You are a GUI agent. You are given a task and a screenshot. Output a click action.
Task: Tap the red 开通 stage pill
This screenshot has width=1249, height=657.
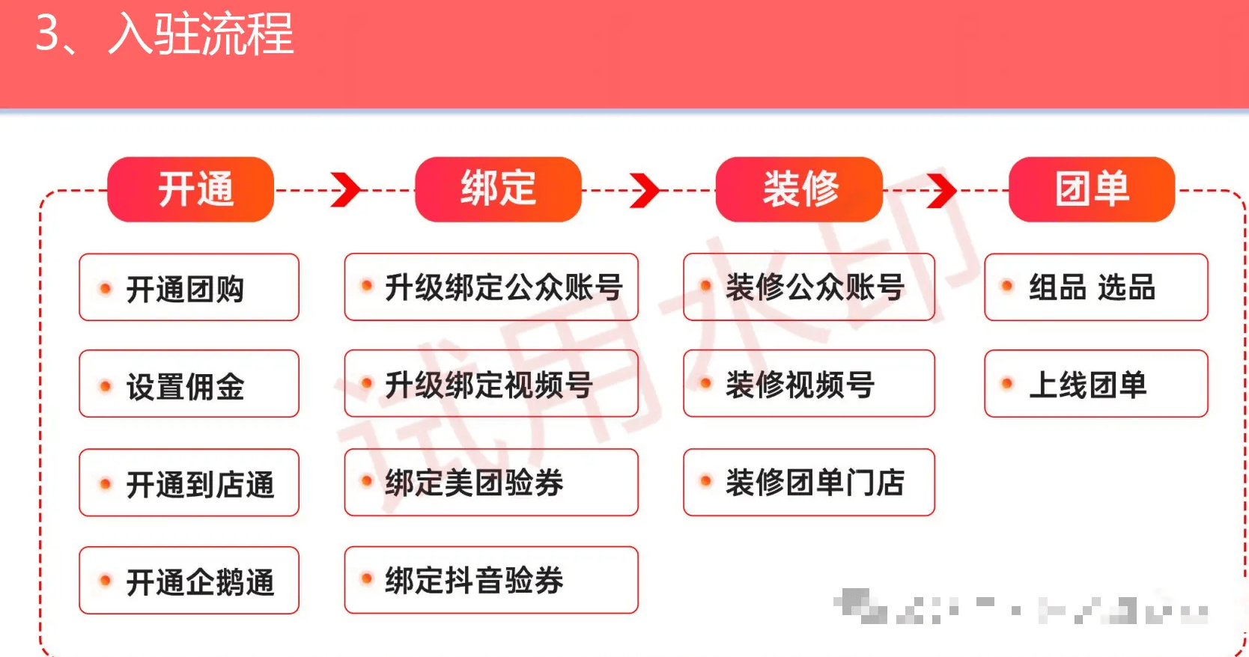(191, 189)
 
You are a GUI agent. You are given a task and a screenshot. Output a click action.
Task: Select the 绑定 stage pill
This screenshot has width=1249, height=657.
(498, 189)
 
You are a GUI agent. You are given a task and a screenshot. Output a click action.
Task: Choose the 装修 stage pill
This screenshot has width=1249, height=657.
(799, 189)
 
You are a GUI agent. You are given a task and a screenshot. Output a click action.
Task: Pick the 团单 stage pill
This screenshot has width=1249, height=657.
(1091, 189)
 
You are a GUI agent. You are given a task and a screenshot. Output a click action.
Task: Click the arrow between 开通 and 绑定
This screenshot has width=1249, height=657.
(345, 190)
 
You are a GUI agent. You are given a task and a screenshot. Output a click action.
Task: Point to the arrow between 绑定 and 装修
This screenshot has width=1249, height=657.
(645, 190)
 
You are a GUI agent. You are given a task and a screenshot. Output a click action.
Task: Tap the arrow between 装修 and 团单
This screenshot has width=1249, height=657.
(941, 190)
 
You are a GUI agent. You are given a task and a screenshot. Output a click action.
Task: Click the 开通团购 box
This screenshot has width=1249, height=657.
(189, 287)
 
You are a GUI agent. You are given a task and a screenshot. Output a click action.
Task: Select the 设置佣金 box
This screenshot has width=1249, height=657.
(189, 384)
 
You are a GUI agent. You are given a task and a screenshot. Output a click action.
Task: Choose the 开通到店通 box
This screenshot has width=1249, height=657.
(189, 483)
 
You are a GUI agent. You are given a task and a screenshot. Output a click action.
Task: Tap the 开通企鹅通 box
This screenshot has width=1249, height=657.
(189, 581)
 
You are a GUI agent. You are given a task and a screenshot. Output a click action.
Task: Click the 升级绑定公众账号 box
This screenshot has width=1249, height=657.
(491, 287)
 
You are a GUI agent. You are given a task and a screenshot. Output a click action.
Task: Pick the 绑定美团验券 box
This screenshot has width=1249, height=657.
(491, 483)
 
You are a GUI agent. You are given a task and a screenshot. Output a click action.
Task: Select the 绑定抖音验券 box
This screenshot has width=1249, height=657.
(491, 580)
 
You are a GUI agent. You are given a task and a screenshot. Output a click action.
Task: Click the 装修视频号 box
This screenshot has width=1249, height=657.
(809, 384)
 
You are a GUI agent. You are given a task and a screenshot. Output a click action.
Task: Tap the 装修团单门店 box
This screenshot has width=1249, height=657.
(809, 483)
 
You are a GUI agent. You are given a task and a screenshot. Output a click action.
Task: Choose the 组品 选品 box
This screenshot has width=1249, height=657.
(1095, 287)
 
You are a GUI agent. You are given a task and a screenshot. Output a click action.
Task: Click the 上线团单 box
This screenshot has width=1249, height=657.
(1095, 384)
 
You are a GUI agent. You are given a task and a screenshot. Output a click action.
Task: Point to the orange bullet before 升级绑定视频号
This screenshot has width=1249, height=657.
(367, 384)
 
